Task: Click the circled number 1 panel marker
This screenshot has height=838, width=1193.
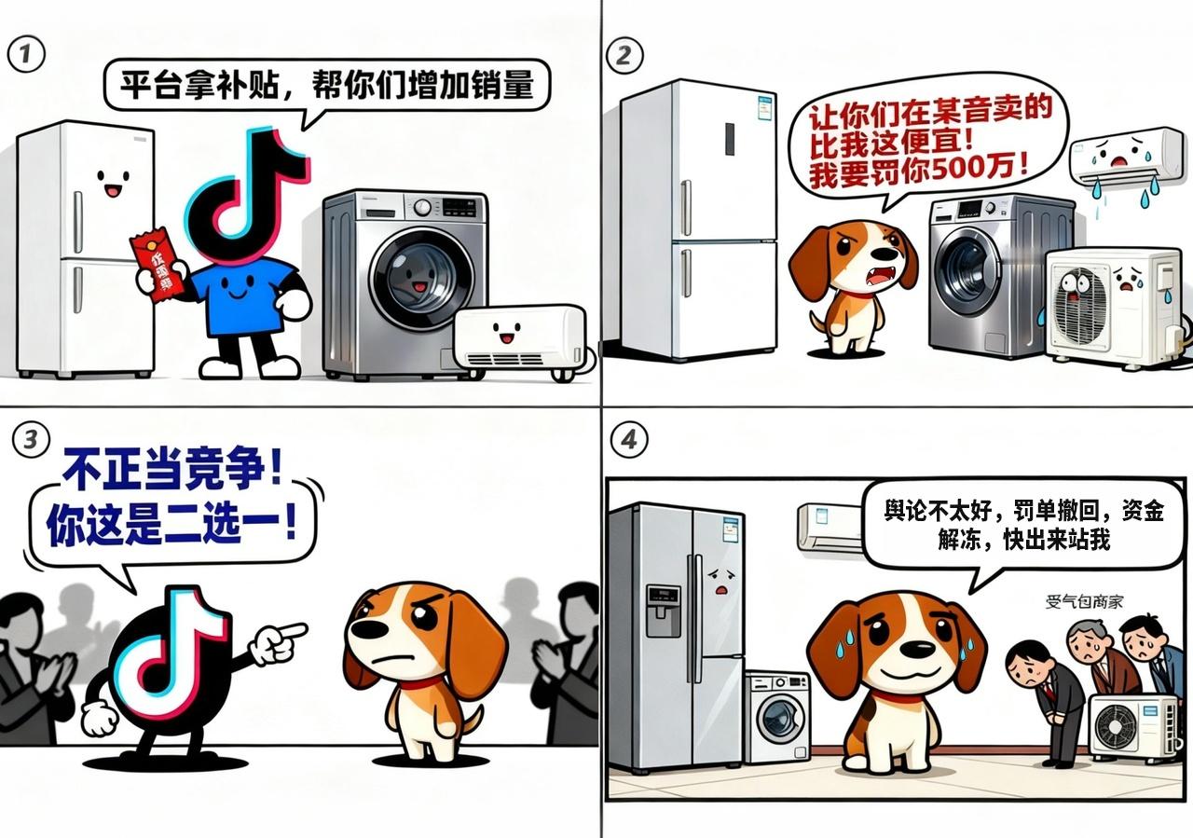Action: [26, 54]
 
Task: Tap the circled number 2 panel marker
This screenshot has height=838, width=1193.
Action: [624, 55]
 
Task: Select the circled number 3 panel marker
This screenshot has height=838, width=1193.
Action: [31, 440]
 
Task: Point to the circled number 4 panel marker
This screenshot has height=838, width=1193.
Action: [629, 440]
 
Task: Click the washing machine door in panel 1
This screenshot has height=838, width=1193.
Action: [422, 278]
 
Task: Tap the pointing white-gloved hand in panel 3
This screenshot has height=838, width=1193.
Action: [278, 642]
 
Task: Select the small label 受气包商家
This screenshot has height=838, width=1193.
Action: [1084, 602]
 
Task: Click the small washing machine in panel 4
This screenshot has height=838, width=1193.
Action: [777, 717]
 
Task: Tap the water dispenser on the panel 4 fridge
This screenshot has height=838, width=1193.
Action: [663, 611]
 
